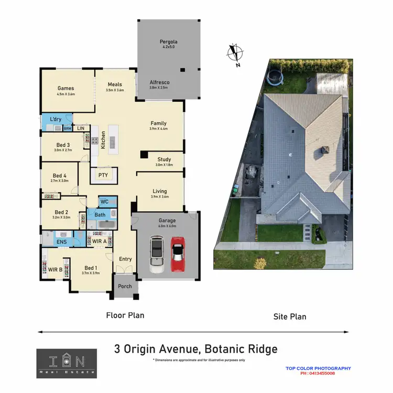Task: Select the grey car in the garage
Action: (x=157, y=254)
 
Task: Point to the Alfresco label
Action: (x=159, y=82)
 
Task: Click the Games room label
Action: (x=65, y=88)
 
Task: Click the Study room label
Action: (x=164, y=160)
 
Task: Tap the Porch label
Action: (x=125, y=286)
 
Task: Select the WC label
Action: (x=104, y=202)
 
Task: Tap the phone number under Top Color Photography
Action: (x=318, y=373)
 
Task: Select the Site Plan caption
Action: (x=290, y=316)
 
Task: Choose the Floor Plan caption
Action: (x=125, y=315)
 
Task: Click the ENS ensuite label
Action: (x=62, y=242)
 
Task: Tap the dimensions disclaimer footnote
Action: (x=199, y=360)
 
